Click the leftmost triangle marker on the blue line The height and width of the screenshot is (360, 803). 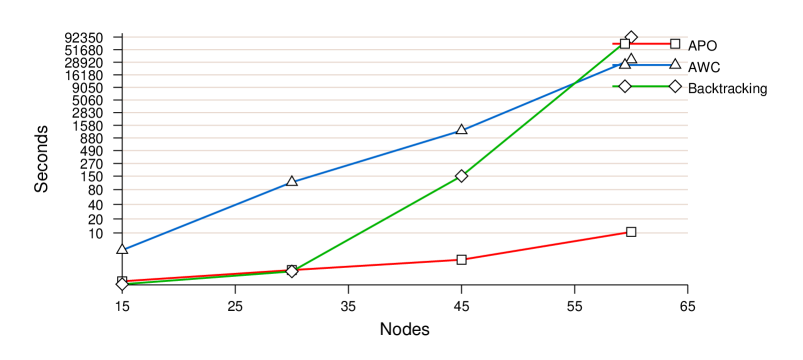point(122,249)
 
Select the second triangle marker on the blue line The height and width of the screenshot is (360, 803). point(292,181)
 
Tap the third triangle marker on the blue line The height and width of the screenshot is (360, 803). point(461,129)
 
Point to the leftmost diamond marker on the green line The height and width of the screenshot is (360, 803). point(122,284)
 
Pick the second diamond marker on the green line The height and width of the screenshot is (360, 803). point(292,271)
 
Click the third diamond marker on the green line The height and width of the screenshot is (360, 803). point(461,176)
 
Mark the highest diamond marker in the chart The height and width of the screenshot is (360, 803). point(631,37)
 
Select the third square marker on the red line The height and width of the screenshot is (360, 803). point(461,260)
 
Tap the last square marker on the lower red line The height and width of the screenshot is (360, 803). point(631,232)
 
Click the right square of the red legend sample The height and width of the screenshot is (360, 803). point(675,44)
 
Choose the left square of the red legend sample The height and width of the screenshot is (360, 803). point(625,44)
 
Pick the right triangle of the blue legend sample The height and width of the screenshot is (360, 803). point(675,64)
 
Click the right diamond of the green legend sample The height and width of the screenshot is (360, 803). point(675,86)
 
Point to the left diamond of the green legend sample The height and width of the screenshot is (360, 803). point(625,86)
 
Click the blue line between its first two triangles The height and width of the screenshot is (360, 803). point(207,215)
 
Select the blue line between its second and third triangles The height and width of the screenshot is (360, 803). point(376,155)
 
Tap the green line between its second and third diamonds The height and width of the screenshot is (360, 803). point(376,224)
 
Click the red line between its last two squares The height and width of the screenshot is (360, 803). point(546,246)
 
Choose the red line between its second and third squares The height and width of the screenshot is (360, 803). point(376,265)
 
